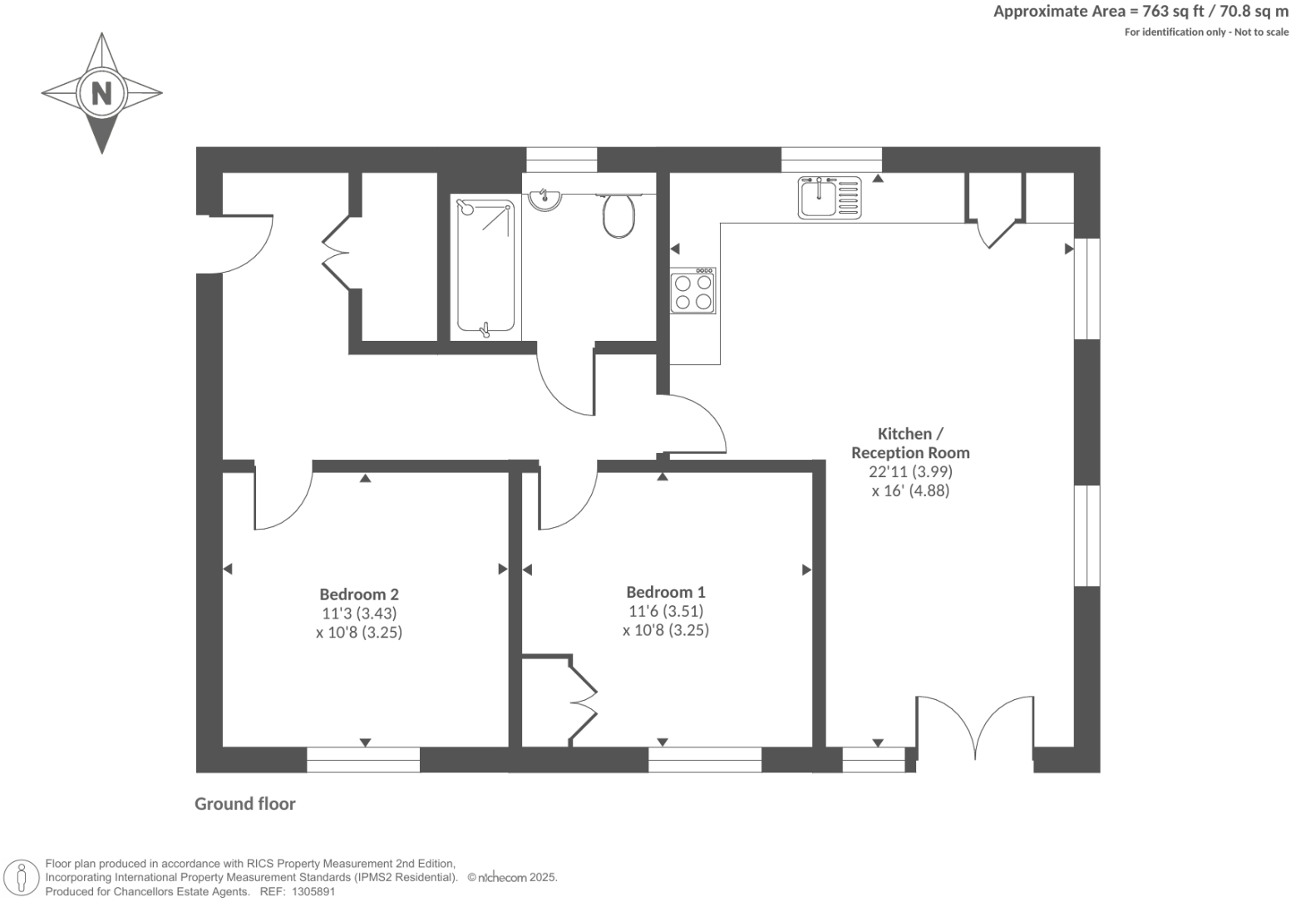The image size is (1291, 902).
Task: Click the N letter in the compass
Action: pyautogui.click(x=101, y=92)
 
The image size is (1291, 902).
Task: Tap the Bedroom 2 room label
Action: pyautogui.click(x=359, y=594)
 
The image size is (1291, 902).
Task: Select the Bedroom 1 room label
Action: pyautogui.click(x=666, y=593)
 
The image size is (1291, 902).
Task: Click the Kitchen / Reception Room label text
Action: pyautogui.click(x=910, y=443)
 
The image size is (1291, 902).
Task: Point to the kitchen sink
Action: pyautogui.click(x=830, y=198)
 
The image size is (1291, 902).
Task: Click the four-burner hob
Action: pyautogui.click(x=693, y=291)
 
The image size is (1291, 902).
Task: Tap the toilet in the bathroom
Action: pyautogui.click(x=618, y=215)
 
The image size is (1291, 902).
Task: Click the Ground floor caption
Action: pyautogui.click(x=245, y=804)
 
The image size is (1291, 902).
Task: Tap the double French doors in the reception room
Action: pyautogui.click(x=974, y=727)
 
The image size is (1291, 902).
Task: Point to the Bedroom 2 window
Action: pyautogui.click(x=363, y=760)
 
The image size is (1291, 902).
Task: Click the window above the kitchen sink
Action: pyautogui.click(x=831, y=160)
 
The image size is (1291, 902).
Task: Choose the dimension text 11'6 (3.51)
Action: pyautogui.click(x=666, y=612)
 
